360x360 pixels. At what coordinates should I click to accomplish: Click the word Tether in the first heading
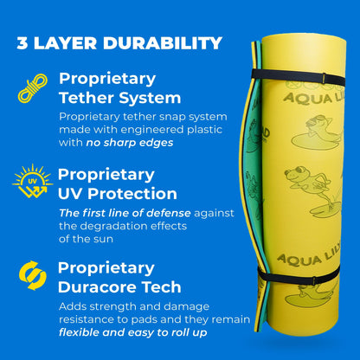[x=86, y=98]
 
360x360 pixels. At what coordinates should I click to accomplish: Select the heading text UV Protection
[x=118, y=193]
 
